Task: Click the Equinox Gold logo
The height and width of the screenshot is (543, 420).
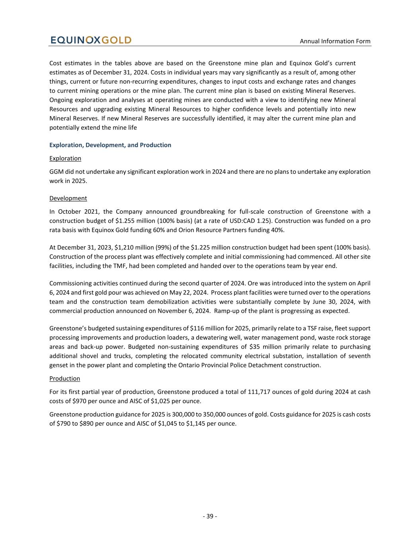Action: (x=90, y=40)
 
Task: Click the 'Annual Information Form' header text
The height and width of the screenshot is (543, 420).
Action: (x=335, y=41)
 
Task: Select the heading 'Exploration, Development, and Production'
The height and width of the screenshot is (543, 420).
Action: (x=110, y=145)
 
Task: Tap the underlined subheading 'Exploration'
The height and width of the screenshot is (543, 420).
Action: (x=65, y=158)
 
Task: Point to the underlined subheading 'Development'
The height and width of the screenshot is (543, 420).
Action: (x=68, y=198)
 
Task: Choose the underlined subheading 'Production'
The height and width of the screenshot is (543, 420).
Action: (x=64, y=378)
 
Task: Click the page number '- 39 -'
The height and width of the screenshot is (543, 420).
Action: (x=210, y=516)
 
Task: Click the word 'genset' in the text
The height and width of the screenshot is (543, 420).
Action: (x=59, y=365)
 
